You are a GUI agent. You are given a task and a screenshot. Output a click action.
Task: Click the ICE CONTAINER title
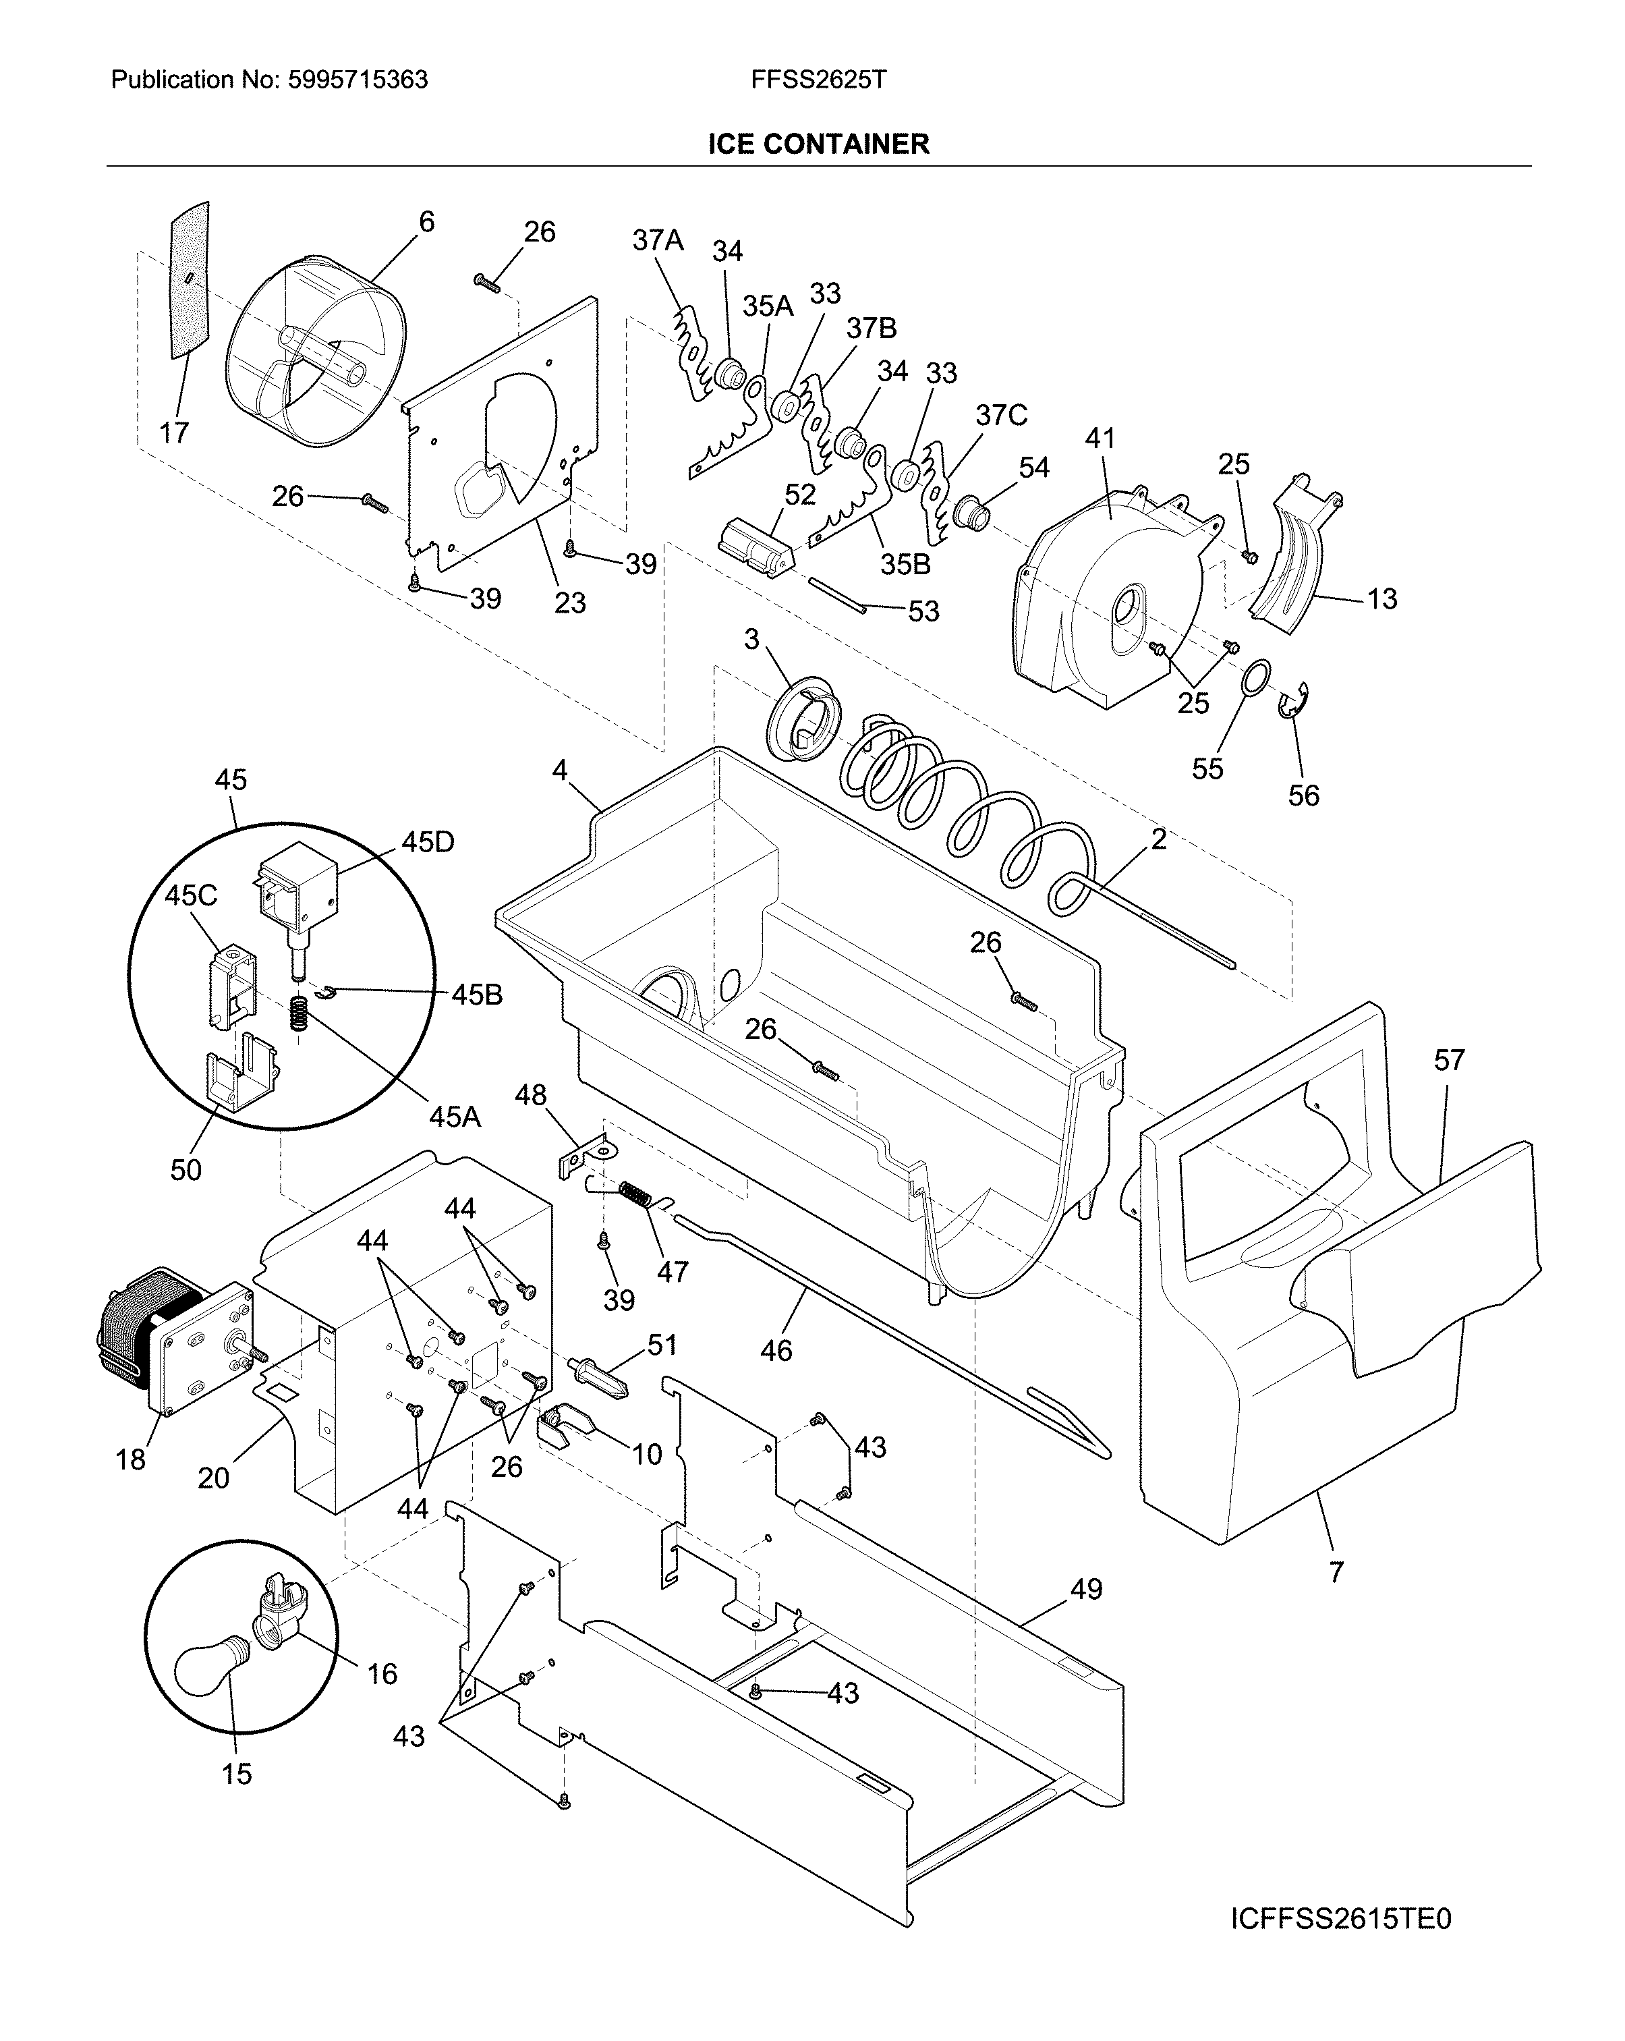(819, 144)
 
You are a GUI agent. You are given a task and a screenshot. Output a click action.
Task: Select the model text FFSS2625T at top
(819, 80)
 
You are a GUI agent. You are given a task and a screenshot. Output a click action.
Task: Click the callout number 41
(1100, 439)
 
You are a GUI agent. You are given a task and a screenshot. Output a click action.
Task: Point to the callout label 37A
(658, 240)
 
